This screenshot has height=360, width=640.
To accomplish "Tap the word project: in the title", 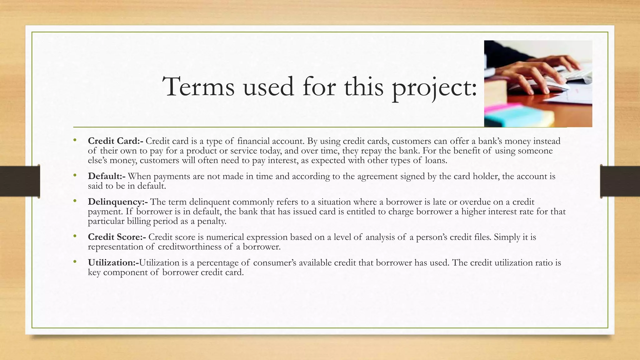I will pyautogui.click(x=434, y=87).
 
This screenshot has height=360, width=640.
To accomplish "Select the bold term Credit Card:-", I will pyautogui.click(x=116, y=141).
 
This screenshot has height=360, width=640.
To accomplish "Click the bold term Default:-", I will pyautogui.click(x=107, y=176).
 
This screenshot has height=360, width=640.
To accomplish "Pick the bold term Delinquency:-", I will pyautogui.click(x=118, y=202).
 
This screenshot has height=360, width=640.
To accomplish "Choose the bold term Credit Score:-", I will pyautogui.click(x=117, y=237).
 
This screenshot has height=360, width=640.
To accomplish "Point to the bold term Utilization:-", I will pyautogui.click(x=113, y=262).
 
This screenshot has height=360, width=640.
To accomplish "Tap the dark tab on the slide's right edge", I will pyautogui.click(x=620, y=181).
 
